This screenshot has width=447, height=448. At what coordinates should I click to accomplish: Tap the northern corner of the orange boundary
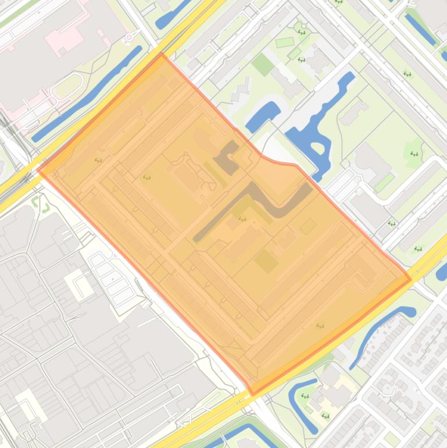162,55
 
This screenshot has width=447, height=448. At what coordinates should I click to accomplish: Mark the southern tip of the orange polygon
252,394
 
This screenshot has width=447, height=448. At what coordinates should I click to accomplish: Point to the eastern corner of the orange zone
411,279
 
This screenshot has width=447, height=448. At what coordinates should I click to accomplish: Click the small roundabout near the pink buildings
129,38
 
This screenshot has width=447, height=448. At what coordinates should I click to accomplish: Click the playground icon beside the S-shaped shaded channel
242,220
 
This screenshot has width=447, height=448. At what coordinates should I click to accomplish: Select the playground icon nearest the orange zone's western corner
98,161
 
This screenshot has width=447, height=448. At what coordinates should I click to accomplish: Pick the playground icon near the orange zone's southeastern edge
319,326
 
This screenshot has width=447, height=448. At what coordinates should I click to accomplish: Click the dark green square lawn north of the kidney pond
263,64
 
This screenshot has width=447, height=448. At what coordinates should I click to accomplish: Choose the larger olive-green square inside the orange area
266,261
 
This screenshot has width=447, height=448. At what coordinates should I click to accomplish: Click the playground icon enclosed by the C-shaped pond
305,396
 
